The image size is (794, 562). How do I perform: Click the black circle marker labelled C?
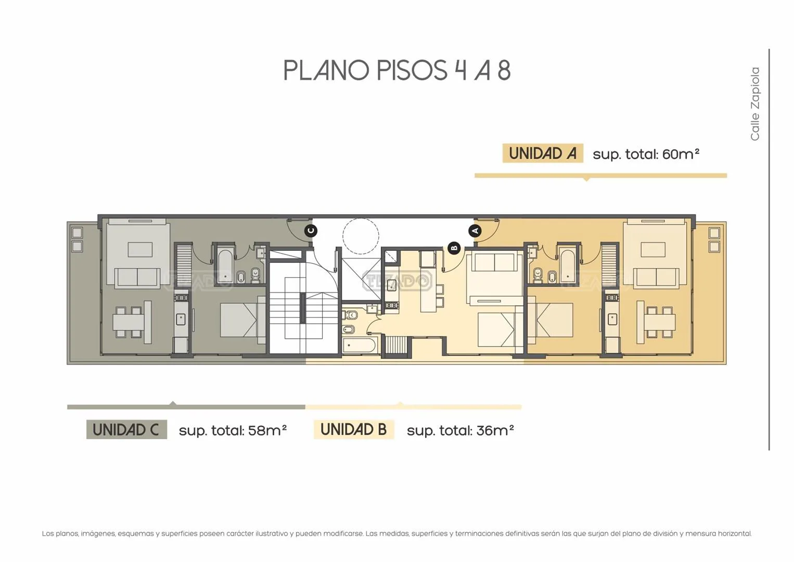click(x=311, y=231)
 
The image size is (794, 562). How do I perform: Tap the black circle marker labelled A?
click(x=475, y=231)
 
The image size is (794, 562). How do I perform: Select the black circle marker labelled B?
click(x=454, y=248)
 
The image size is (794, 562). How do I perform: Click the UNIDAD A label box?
click(x=543, y=154)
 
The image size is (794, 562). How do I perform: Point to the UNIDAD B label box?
click(x=354, y=429)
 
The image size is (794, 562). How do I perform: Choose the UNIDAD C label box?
click(x=126, y=429)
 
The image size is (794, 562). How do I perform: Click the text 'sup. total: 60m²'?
click(x=646, y=154)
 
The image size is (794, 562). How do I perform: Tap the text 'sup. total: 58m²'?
click(x=233, y=430)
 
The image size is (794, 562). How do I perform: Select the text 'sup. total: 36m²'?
click(x=460, y=430)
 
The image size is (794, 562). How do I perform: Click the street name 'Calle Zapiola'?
click(x=755, y=104)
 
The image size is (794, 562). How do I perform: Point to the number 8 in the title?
click(x=504, y=70)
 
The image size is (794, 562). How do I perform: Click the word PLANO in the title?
click(x=326, y=70)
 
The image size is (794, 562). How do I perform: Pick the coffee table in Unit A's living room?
click(x=653, y=250)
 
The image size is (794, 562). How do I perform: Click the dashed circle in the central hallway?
click(x=361, y=236)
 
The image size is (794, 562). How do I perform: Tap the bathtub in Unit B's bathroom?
click(x=359, y=346)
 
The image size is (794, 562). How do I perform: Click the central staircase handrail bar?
click(x=303, y=308)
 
